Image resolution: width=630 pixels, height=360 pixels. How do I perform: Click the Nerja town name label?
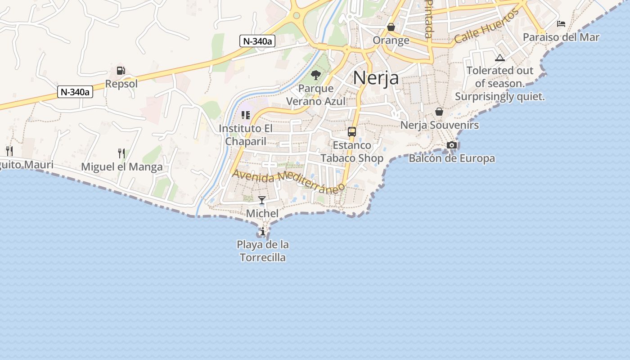coord(376,78)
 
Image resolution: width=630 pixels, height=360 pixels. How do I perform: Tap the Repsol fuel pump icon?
coord(121,71)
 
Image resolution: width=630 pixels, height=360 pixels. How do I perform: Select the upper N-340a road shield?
coord(257,41)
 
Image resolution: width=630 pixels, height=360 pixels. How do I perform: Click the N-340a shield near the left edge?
coord(75,92)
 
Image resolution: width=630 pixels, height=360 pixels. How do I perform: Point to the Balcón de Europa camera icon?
coord(452,145)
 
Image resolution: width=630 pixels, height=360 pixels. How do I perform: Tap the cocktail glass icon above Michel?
coord(262,200)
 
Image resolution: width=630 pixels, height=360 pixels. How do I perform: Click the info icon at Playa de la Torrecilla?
coord(263,232)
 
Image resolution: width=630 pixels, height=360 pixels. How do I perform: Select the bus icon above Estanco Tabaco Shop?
coord(352,132)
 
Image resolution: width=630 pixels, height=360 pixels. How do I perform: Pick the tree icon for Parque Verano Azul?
coord(316,75)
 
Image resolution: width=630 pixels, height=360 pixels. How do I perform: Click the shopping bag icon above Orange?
coord(391,27)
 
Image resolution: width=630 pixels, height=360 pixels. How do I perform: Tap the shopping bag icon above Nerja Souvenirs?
coord(439,112)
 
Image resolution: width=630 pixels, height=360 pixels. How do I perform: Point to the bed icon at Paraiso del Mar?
coord(561,23)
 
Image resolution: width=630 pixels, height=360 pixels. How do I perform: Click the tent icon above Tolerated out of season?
coord(499,58)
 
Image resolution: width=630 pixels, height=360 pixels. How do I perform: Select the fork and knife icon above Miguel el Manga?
coord(121,153)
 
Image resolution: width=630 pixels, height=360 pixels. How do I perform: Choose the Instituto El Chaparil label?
coord(246,135)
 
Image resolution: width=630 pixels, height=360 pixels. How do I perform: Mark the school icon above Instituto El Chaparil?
coord(245,115)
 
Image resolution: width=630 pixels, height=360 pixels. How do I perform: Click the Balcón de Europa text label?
coord(452,158)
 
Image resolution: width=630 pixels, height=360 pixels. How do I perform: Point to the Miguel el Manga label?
coord(121,167)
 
